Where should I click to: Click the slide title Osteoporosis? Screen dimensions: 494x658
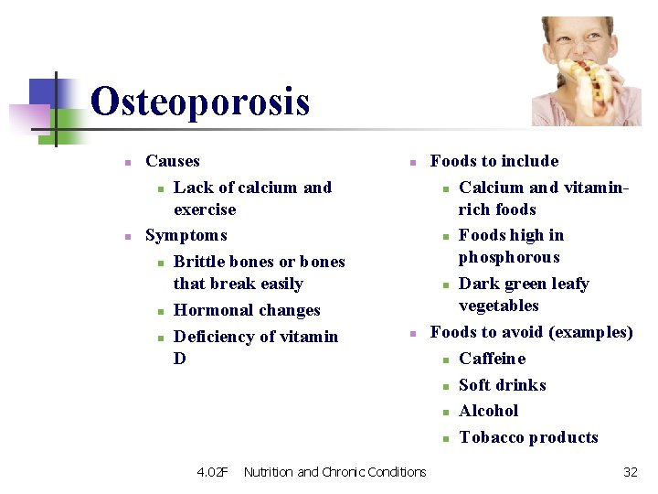(x=200, y=102)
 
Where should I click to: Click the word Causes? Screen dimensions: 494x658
(x=172, y=161)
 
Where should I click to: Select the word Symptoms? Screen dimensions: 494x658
(x=186, y=235)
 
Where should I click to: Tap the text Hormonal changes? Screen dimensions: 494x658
(x=247, y=310)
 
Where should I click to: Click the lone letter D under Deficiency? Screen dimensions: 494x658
(x=179, y=359)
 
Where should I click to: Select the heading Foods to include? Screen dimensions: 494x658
(x=493, y=161)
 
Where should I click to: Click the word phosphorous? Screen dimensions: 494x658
(x=509, y=258)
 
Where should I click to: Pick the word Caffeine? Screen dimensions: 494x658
(x=492, y=359)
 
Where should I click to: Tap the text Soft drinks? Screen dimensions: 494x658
(x=502, y=385)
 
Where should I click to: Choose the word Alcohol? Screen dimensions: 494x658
(x=488, y=411)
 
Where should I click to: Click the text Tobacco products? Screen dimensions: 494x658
(x=528, y=437)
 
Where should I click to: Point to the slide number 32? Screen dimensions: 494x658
(x=630, y=472)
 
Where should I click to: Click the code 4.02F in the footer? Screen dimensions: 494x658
(x=212, y=472)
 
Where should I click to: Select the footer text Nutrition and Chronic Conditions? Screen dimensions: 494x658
(x=334, y=472)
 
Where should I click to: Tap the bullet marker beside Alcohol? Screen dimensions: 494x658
(x=446, y=413)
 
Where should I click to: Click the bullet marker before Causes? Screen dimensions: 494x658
(x=129, y=163)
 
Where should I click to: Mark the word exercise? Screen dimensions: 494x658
(x=205, y=209)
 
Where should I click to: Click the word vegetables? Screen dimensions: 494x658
(x=498, y=306)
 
